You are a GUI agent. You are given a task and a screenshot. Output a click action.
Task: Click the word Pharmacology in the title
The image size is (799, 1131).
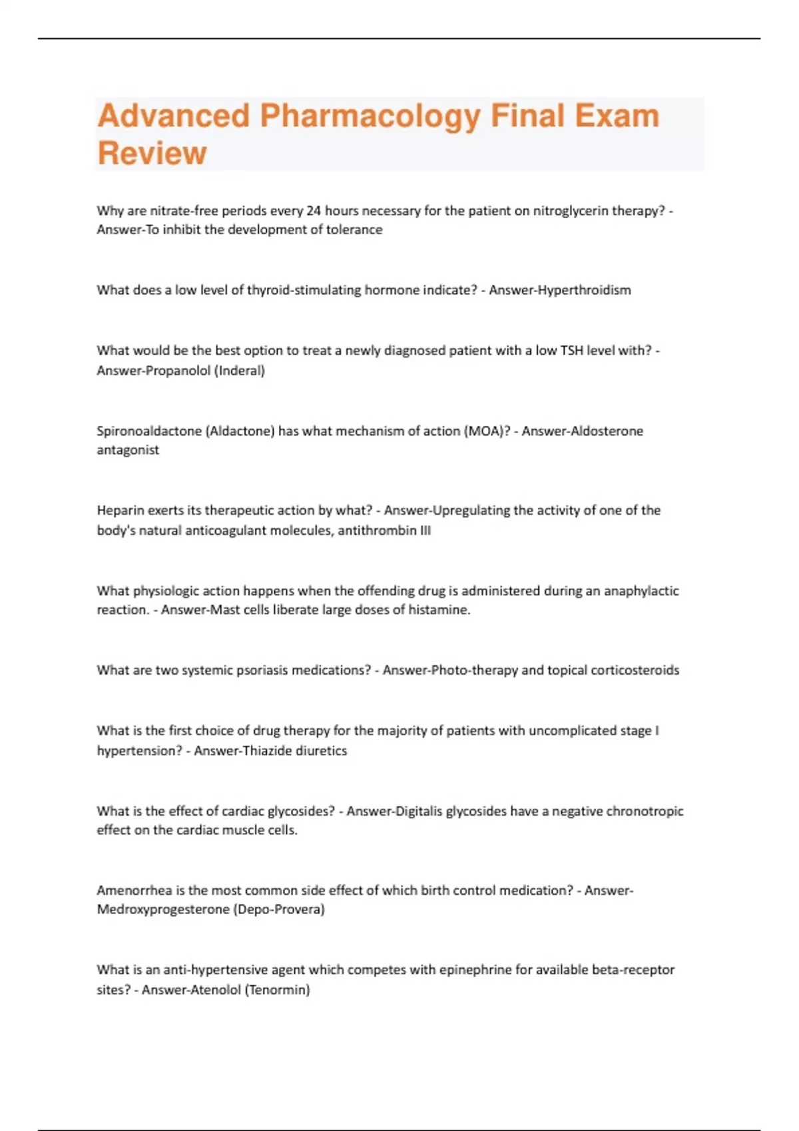point(370,116)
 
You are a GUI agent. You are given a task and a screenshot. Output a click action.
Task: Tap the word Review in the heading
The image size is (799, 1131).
point(152,153)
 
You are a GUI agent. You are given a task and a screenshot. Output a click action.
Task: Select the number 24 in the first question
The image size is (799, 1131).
point(314,211)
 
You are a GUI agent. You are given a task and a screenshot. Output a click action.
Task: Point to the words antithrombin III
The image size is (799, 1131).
point(384,530)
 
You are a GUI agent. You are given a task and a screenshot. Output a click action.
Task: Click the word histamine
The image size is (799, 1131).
point(440,609)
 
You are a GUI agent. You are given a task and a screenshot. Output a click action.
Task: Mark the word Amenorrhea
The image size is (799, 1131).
point(134,890)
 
